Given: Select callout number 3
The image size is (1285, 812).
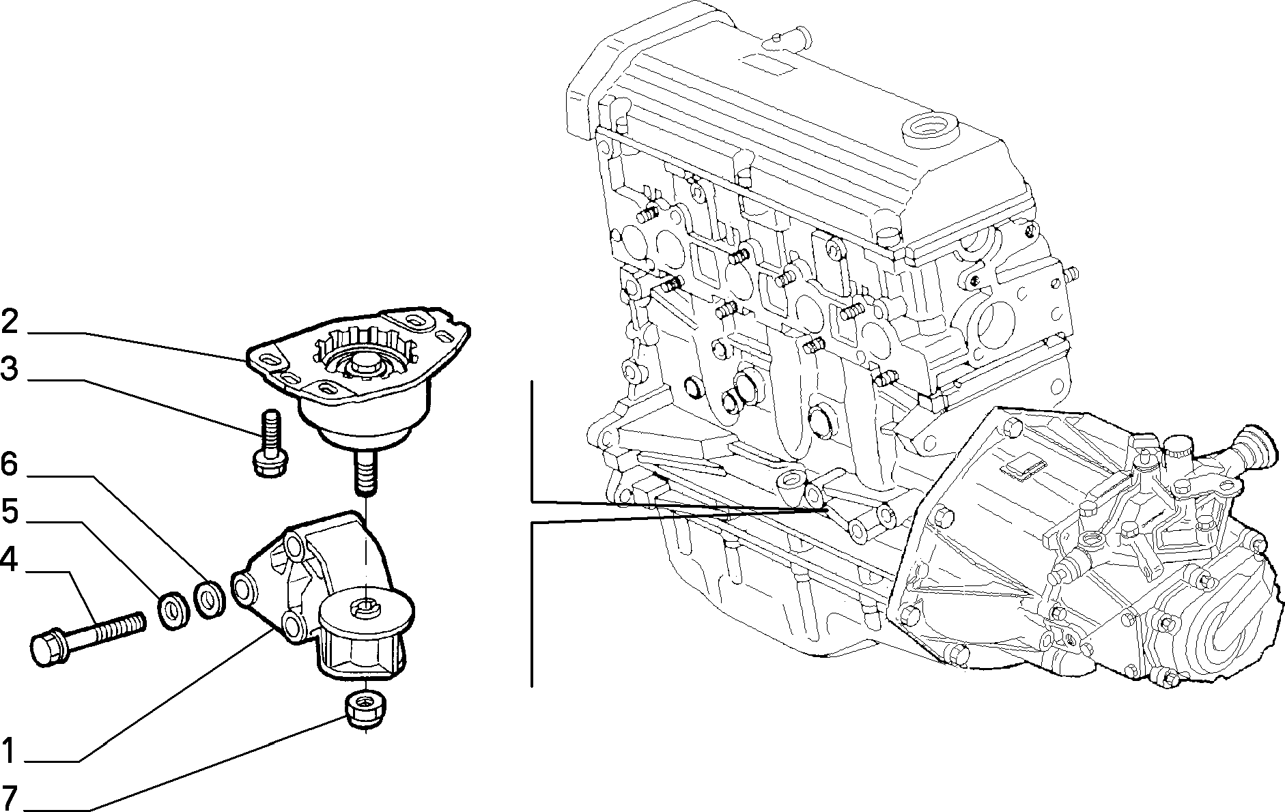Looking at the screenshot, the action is pos(10,370).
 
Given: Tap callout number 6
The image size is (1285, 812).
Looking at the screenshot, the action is pos(9,465).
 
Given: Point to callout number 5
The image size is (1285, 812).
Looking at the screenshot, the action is pos(10,511).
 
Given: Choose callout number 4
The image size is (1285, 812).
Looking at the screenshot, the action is pos(10,560).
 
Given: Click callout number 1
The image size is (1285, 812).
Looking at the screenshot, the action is pos(8,751).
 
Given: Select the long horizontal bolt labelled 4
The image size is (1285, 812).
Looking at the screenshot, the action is pos(89,637).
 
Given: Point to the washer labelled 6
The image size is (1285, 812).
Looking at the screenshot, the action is pos(210,598).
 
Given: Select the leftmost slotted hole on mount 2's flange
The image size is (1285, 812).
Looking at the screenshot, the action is pos(267,360).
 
